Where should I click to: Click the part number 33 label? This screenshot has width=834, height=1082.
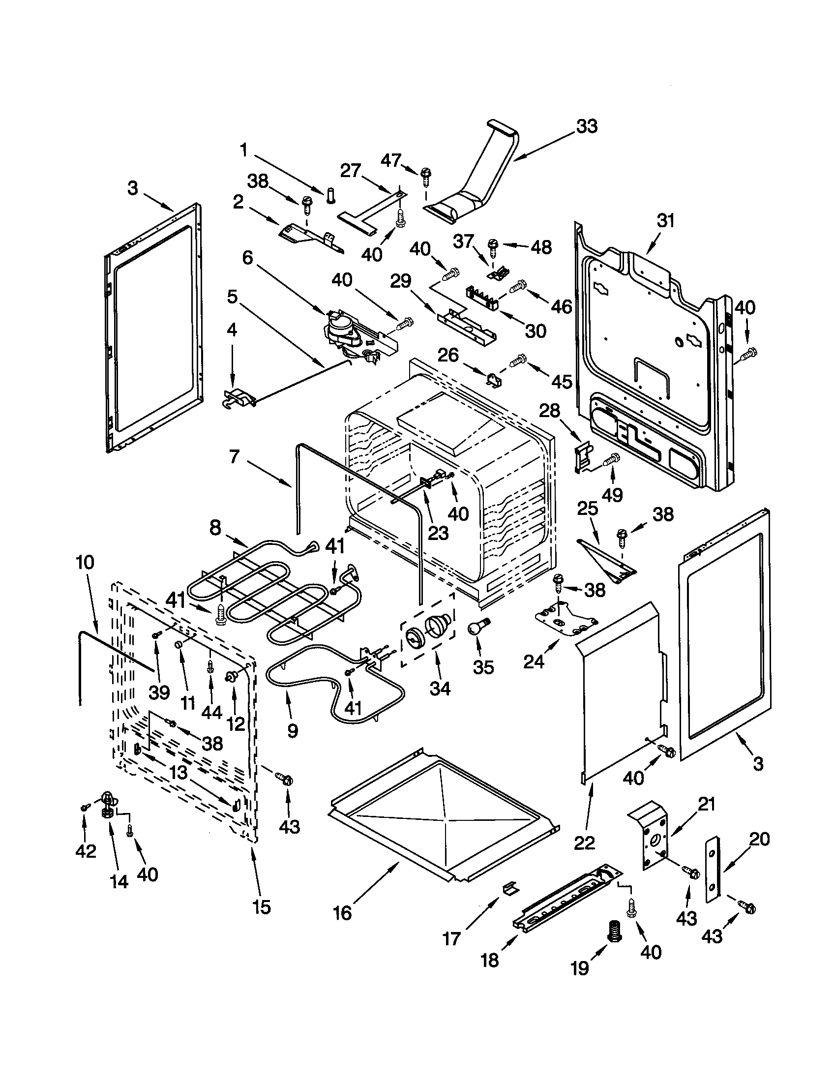point(587,126)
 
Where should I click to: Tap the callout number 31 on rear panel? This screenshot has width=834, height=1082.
point(666,221)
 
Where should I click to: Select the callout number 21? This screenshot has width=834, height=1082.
point(706,805)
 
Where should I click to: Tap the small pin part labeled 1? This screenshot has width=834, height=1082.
point(331,196)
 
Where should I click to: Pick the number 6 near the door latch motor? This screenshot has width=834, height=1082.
point(248,257)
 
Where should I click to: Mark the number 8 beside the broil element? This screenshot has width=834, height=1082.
point(215,528)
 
